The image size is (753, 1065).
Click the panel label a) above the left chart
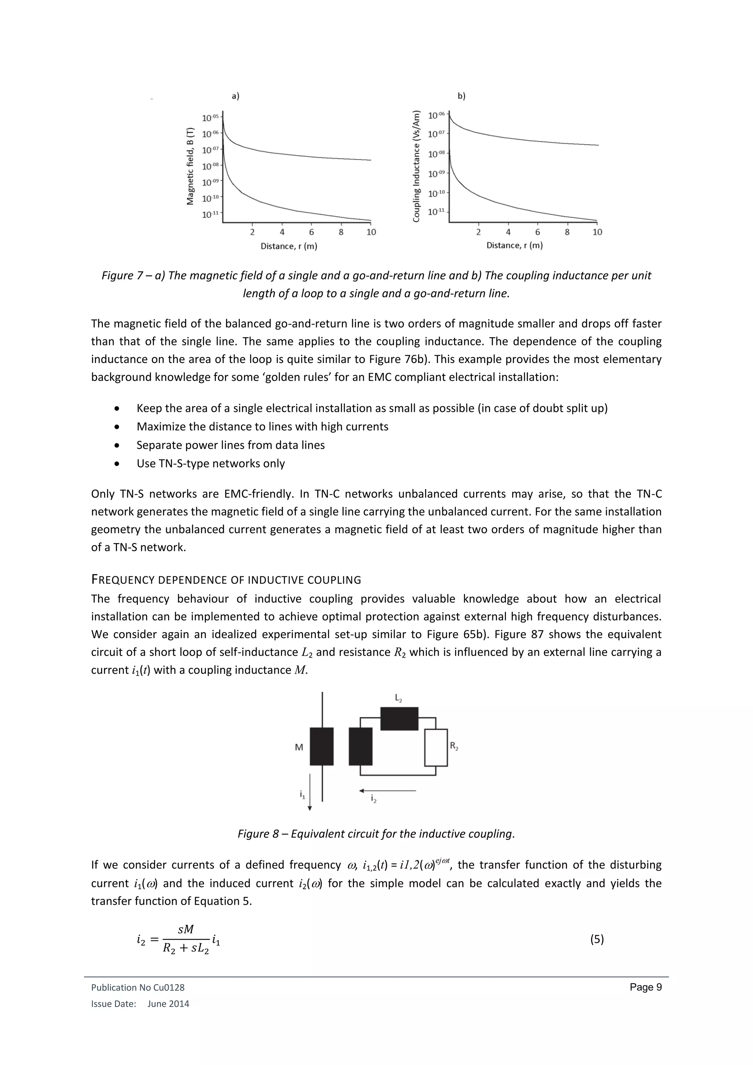coord(235,96)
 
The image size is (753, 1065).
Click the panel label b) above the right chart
coord(461,96)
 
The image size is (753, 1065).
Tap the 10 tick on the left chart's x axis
coord(371,232)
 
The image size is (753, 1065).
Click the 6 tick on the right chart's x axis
coord(538,232)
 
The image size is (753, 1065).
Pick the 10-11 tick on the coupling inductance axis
coord(436,211)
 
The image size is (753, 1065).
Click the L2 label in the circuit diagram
coord(398,697)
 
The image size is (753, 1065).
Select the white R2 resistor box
coord(436,747)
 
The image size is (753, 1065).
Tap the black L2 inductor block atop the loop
coord(399,719)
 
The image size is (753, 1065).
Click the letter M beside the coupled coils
coord(299,747)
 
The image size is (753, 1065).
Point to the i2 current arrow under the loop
coord(388,790)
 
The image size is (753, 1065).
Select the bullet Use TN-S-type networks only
coord(211,463)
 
